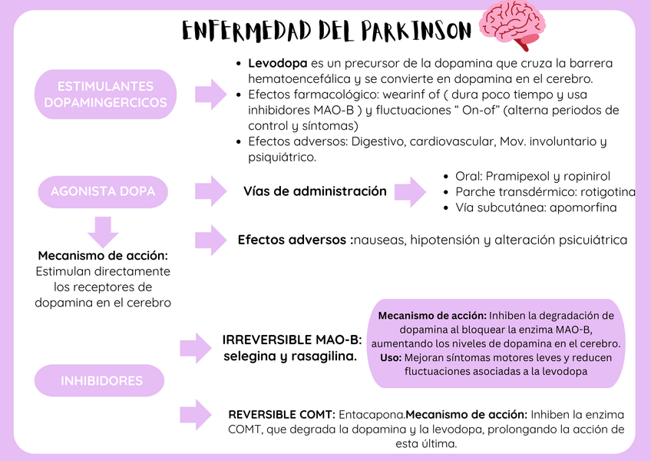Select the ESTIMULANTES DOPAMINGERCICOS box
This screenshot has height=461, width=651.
coord(106,94)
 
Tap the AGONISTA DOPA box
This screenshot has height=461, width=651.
coord(103,191)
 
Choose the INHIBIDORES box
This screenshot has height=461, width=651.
coord(102,380)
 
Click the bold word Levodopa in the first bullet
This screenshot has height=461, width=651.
coord(278,63)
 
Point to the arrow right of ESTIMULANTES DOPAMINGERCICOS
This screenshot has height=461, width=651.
coord(209,94)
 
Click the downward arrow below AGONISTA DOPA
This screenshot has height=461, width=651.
coord(102,230)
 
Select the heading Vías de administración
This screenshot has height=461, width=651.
coord(315,191)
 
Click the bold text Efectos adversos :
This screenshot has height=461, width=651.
coord(296,240)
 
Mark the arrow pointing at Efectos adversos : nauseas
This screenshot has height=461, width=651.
coord(210,240)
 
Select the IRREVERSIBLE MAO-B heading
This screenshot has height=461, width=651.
coord(292,340)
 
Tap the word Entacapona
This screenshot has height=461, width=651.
coord(372,414)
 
